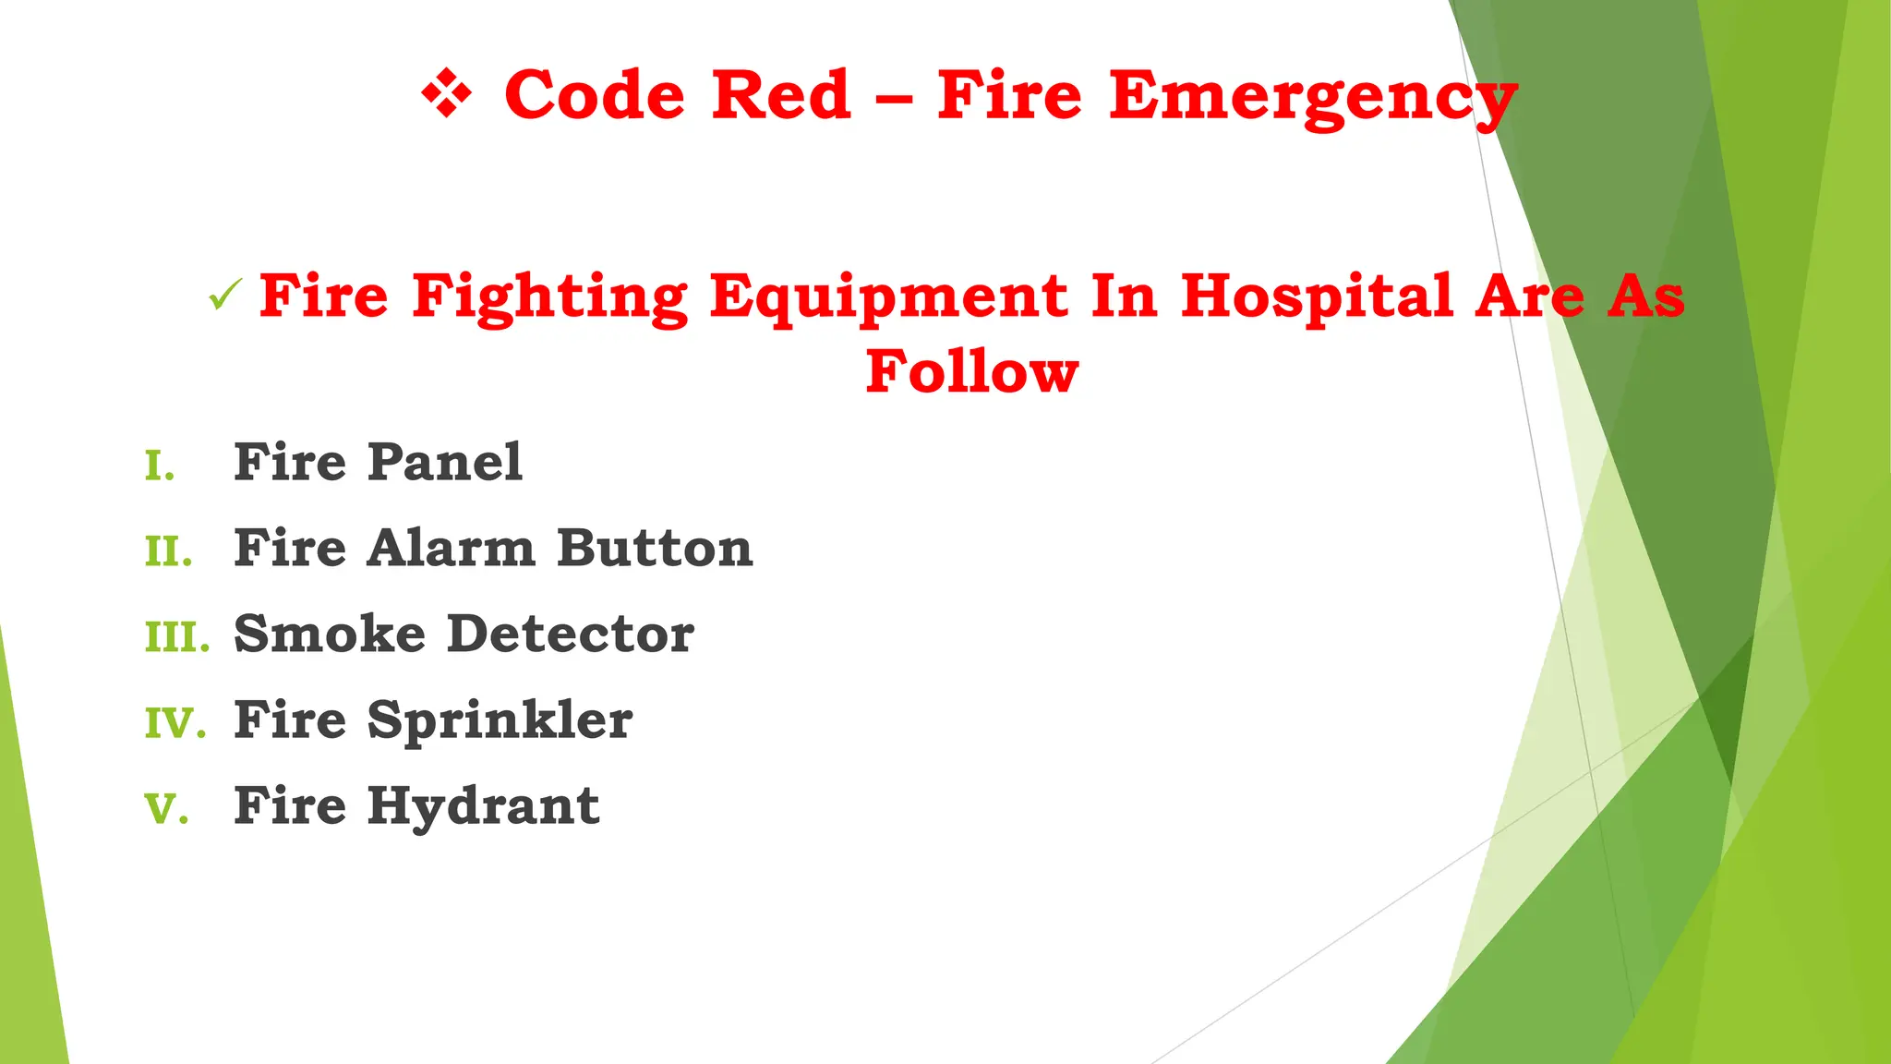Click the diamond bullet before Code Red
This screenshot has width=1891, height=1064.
pos(447,95)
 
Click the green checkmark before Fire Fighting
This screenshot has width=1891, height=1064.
pos(224,296)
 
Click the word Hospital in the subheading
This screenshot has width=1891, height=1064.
pos(1318,297)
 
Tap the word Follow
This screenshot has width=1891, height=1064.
pos(972,371)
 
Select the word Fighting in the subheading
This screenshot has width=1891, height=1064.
pos(549,297)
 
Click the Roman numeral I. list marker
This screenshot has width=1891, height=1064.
pos(160,466)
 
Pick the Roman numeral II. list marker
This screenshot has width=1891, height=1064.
pos(168,552)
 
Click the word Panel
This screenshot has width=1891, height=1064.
pos(445,462)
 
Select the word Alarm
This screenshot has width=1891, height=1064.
pos(451,548)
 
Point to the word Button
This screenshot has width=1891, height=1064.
pos(655,548)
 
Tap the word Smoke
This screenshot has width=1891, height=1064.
pos(330,634)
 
